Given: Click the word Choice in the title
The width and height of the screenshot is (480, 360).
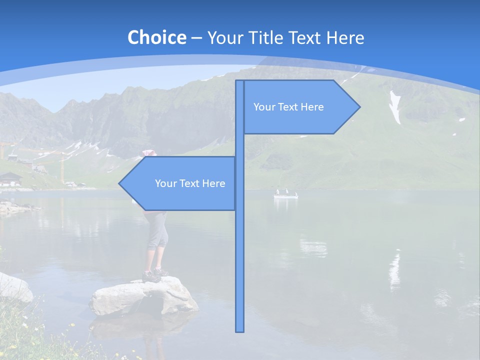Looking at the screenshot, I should pyautogui.click(x=156, y=37).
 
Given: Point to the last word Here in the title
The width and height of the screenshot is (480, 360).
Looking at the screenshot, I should pyautogui.click(x=345, y=37).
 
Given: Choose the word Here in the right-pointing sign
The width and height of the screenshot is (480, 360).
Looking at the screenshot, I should pyautogui.click(x=312, y=107).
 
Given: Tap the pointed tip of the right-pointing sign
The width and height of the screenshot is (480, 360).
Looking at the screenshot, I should pyautogui.click(x=359, y=106).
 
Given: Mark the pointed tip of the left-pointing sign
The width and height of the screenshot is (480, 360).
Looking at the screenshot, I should pyautogui.click(x=119, y=183).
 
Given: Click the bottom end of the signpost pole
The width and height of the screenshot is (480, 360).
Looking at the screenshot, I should pyautogui.click(x=240, y=330).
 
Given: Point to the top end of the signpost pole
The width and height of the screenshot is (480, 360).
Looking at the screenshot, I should pyautogui.click(x=240, y=81).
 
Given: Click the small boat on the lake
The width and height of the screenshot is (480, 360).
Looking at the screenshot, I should pyautogui.click(x=285, y=194).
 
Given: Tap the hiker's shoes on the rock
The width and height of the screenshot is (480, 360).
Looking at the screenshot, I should pyautogui.click(x=154, y=274).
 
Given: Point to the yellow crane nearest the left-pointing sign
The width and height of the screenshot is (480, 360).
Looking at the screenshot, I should pyautogui.click(x=62, y=165).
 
